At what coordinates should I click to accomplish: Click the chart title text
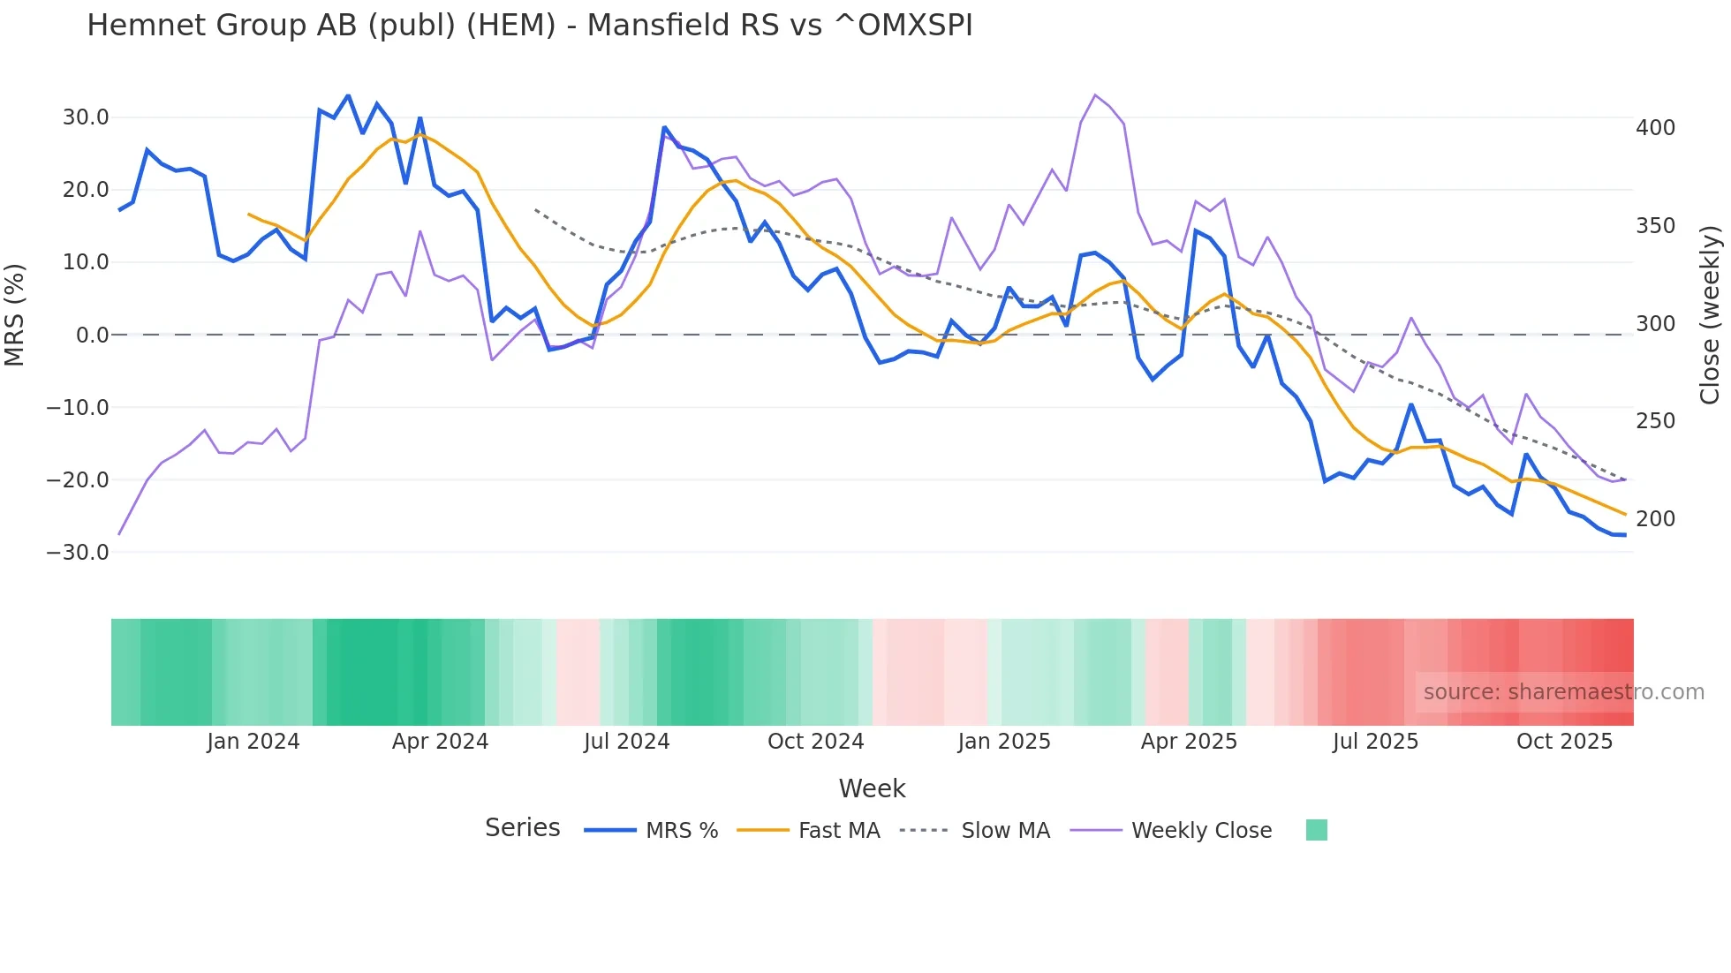529,26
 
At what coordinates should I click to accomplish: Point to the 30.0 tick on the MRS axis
85,117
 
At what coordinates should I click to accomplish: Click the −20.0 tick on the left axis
78,480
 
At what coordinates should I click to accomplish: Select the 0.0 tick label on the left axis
92,336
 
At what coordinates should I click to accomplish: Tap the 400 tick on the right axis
1655,128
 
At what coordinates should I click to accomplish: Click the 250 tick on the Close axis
1655,421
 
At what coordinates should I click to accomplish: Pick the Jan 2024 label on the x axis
253,742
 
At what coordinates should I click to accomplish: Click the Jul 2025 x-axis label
1375,742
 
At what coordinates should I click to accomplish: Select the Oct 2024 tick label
815,742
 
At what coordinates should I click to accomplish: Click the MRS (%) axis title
15,314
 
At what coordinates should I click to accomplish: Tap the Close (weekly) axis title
1710,314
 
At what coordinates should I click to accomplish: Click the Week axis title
872,788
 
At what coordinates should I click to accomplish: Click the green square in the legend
1316,830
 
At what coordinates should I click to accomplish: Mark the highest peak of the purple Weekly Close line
1095,95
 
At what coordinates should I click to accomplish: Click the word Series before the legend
522,828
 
